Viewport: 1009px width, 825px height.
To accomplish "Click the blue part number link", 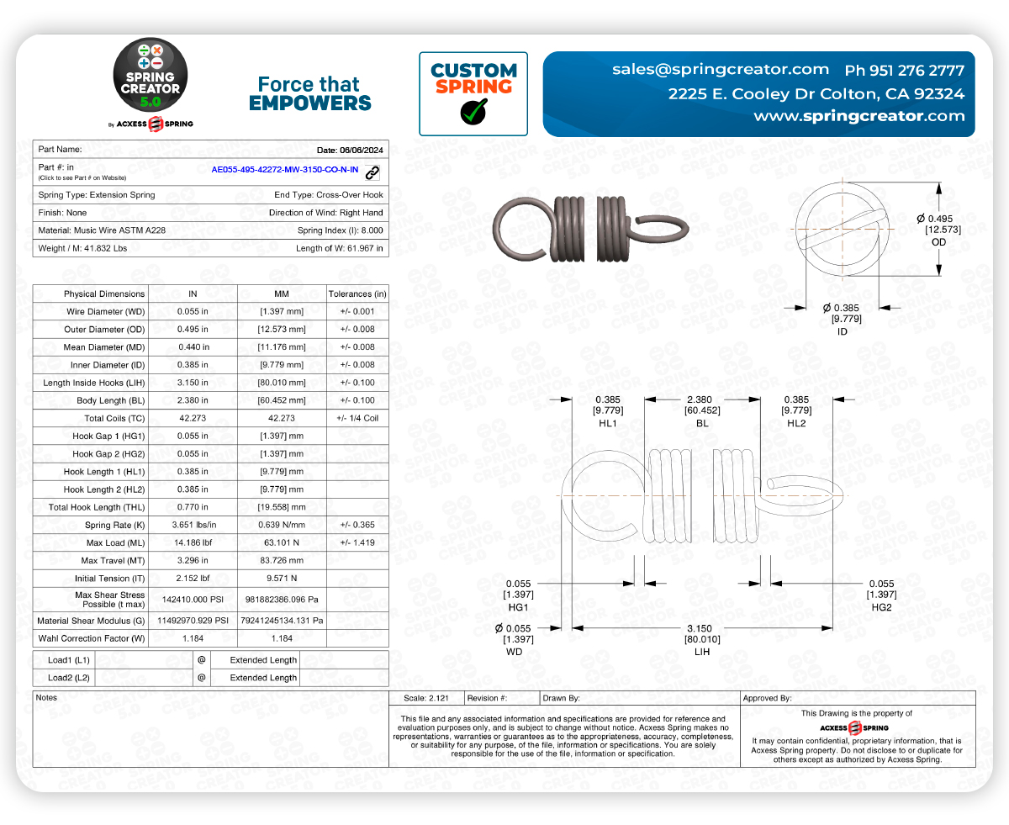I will tap(284, 170).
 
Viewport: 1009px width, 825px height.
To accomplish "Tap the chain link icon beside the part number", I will tap(372, 172).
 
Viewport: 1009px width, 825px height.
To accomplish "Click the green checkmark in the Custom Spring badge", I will tap(473, 111).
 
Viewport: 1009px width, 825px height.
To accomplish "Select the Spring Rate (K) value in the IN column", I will tap(193, 525).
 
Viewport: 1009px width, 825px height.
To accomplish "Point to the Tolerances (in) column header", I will tap(357, 294).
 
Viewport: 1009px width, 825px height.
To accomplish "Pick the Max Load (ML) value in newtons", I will tap(283, 542).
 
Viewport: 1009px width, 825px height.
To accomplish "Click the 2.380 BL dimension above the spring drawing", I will tap(700, 399).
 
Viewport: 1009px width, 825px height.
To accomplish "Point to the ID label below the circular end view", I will tap(842, 331).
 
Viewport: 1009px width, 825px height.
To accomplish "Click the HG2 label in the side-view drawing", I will tap(881, 606).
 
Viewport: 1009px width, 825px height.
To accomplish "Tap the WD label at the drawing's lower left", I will tap(514, 652).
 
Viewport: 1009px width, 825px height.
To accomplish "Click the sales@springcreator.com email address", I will tap(721, 69).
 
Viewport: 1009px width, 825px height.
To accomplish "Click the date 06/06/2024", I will tap(361, 149).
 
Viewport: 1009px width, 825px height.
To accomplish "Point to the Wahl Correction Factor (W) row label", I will tap(91, 638).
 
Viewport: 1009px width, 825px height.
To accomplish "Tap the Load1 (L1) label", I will tap(69, 660).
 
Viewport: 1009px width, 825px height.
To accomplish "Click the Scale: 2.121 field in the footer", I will tap(425, 698).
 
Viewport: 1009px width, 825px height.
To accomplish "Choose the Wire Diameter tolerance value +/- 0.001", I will tap(357, 311).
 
